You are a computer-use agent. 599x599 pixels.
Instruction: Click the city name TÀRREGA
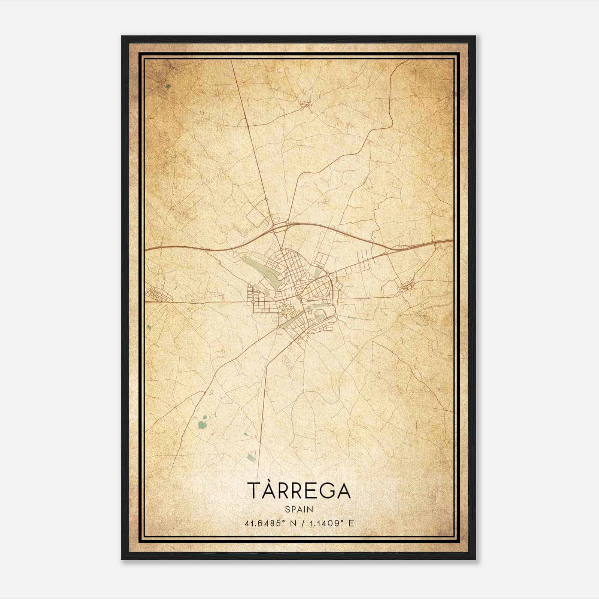click(299, 491)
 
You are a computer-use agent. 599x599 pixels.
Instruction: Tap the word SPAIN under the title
click(299, 509)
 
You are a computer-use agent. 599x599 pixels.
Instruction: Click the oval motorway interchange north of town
click(280, 226)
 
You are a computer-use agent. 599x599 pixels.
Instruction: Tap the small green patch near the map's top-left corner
click(168, 86)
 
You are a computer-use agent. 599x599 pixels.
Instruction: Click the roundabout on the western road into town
click(253, 301)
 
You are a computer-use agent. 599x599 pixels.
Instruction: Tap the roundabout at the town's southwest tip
click(279, 327)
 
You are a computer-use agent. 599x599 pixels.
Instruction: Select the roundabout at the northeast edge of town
click(327, 275)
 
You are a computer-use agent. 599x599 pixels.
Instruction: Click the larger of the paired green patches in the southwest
click(202, 425)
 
